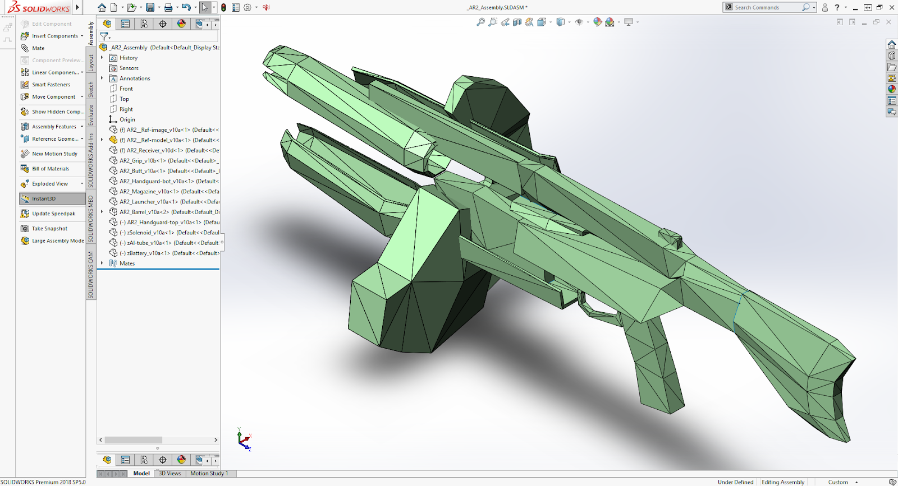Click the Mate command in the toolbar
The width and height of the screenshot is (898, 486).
coord(38,48)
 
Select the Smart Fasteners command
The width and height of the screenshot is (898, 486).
coord(51,85)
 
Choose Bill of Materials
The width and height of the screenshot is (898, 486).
coord(50,169)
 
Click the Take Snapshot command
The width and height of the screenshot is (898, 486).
coord(49,229)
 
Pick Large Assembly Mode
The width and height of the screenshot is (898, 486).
coord(57,241)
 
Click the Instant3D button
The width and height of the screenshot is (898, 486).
coord(44,198)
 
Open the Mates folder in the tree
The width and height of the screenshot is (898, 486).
coord(127,263)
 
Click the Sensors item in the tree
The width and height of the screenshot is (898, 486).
coord(129,68)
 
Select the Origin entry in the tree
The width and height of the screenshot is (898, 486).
coord(127,119)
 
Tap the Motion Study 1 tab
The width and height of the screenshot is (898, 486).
coord(209,474)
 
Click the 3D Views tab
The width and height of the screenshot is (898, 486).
coord(169,474)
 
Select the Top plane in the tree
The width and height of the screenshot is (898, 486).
coord(124,99)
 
